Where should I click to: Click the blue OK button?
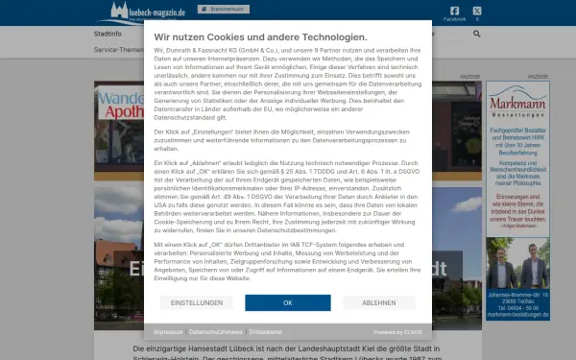(x=287, y=302)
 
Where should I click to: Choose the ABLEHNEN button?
(x=378, y=302)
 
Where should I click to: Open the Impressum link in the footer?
(x=168, y=331)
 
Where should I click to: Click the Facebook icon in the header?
(x=455, y=11)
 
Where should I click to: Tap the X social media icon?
(x=477, y=11)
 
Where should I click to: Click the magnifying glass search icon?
(x=477, y=34)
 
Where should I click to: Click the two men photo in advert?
(x=517, y=257)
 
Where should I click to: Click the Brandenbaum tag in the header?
(x=222, y=9)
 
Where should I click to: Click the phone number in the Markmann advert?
(x=517, y=308)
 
